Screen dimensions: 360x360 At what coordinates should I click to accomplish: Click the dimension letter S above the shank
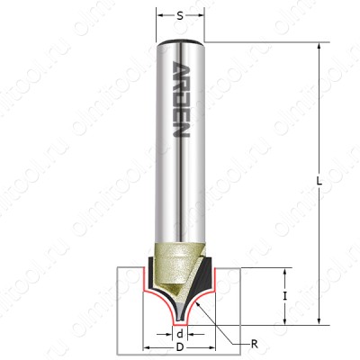[x=180, y=15]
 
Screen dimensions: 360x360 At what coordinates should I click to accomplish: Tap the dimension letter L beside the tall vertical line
[x=320, y=181]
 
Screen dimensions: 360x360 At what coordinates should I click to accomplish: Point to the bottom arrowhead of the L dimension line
[x=319, y=319]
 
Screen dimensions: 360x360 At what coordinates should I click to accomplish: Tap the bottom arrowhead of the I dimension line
[x=286, y=319]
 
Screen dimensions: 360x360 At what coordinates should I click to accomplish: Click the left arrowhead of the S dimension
[x=160, y=15]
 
